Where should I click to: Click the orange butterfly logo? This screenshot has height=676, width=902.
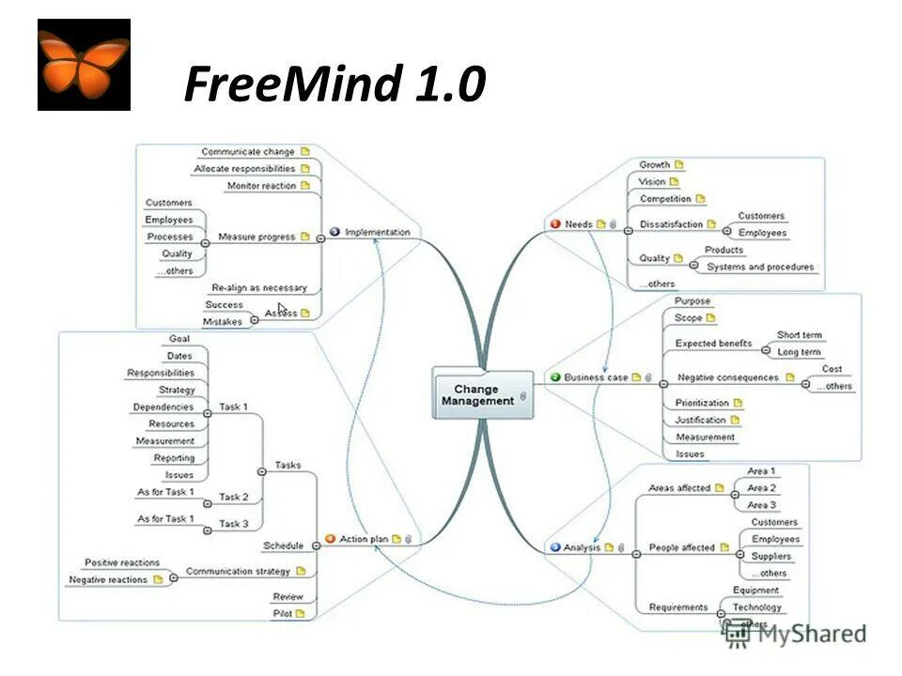(x=84, y=65)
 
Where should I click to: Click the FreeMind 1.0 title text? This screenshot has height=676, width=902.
(x=335, y=85)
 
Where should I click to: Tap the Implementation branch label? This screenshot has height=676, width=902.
(x=377, y=232)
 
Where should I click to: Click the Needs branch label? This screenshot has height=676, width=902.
(x=578, y=224)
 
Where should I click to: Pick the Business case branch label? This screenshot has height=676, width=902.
(x=596, y=377)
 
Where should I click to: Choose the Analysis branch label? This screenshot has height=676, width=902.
(x=582, y=547)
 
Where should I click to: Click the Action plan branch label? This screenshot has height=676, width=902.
(x=364, y=539)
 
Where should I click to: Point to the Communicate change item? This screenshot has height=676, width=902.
(x=248, y=151)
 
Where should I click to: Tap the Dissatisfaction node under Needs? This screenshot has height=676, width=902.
(x=671, y=224)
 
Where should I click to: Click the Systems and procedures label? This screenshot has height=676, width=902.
(x=760, y=267)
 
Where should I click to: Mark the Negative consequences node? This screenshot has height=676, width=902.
(x=726, y=377)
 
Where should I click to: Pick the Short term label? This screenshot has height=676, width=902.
(x=799, y=335)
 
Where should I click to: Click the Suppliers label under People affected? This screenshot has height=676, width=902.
(x=770, y=556)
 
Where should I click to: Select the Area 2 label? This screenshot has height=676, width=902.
(x=761, y=488)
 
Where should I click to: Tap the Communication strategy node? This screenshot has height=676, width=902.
(x=239, y=571)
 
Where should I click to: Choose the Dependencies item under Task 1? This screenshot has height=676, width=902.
(x=163, y=407)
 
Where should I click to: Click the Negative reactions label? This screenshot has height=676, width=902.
(x=108, y=580)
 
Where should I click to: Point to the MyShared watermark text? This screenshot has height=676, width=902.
(x=812, y=634)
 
